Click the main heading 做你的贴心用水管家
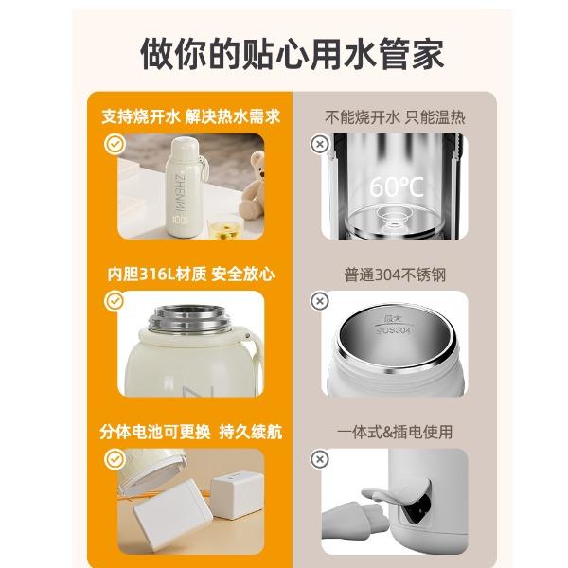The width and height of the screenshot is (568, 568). pyautogui.click(x=292, y=55)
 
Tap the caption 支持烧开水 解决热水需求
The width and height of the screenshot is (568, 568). pyautogui.click(x=191, y=117)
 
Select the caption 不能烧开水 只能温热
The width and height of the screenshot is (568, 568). pyautogui.click(x=395, y=117)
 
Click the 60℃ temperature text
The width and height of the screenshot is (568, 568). pyautogui.click(x=397, y=186)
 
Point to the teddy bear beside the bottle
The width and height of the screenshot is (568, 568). pyautogui.click(x=252, y=187)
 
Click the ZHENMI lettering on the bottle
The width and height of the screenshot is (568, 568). pyautogui.click(x=180, y=192)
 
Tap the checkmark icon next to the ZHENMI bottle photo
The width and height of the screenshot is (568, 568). pyautogui.click(x=115, y=144)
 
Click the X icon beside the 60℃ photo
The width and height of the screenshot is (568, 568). pyautogui.click(x=320, y=144)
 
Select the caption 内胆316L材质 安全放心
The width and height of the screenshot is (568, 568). pyautogui.click(x=191, y=275)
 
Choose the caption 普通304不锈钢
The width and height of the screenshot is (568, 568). pyautogui.click(x=395, y=275)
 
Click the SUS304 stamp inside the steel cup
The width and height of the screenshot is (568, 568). pyautogui.click(x=394, y=330)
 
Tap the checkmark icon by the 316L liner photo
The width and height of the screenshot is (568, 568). pyautogui.click(x=115, y=301)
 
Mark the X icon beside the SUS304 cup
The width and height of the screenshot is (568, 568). pyautogui.click(x=320, y=301)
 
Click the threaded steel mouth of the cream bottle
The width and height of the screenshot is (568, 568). pyautogui.click(x=190, y=320)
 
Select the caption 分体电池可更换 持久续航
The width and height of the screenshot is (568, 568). pyautogui.click(x=191, y=432)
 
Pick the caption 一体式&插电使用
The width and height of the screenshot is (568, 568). pyautogui.click(x=395, y=433)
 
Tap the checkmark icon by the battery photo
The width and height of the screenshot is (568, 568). pyautogui.click(x=115, y=459)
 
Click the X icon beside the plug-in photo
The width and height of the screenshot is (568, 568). pyautogui.click(x=320, y=459)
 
